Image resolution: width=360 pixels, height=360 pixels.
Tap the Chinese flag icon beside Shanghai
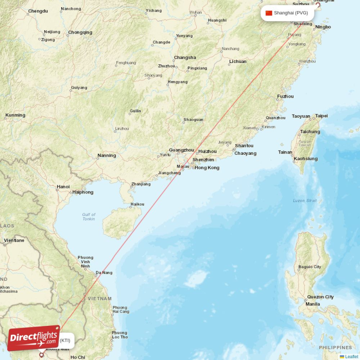(269, 13)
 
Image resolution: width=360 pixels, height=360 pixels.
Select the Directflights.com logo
(33, 338)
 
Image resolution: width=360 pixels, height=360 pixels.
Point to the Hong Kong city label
(207, 168)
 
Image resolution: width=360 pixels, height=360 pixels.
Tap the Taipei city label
(321, 116)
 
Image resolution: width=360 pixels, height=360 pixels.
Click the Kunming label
(15, 115)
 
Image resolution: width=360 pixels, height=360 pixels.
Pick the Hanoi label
(63, 187)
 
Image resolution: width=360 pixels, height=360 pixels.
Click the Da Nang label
(104, 273)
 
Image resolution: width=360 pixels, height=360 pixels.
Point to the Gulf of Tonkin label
(89, 217)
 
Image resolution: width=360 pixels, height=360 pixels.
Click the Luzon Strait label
(305, 201)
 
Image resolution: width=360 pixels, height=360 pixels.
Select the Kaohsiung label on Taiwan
(306, 159)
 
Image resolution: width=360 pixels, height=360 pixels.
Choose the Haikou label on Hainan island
(137, 204)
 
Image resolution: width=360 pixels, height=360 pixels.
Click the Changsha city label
(185, 58)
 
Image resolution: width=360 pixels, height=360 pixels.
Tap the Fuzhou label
(285, 96)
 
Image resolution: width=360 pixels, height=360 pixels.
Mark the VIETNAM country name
(100, 298)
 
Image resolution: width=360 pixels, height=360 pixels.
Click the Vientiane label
(14, 240)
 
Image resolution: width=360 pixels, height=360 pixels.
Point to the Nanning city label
(107, 156)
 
